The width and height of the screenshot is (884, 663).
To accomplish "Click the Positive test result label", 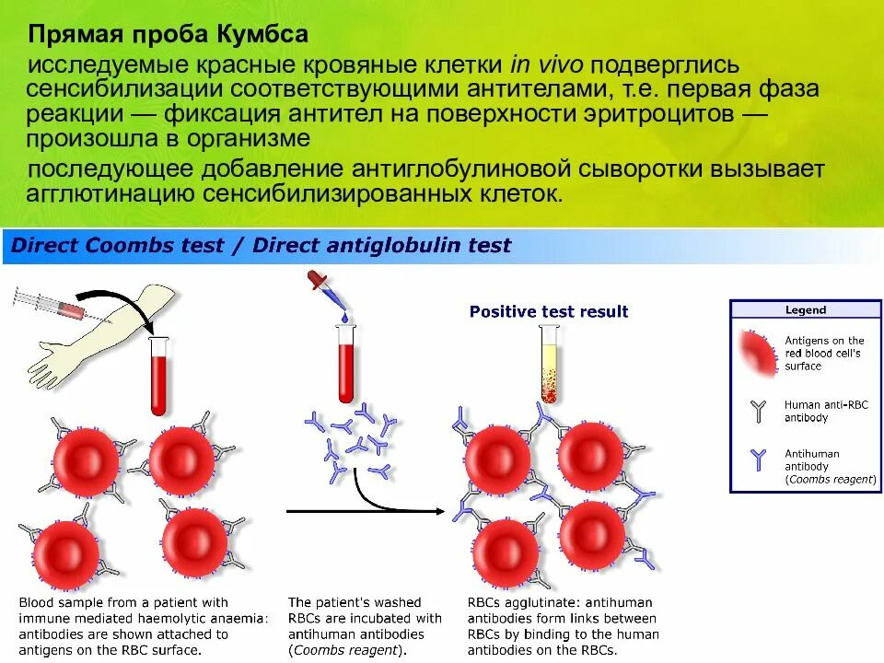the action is pos(549,311).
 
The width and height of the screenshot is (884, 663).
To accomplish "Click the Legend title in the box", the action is pos(805,310).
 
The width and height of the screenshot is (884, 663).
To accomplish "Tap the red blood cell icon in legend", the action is pos(759,353).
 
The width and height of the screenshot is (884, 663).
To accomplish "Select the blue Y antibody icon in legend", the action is pos(758,460).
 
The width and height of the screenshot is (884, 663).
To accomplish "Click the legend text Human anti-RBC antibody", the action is pos(825,411).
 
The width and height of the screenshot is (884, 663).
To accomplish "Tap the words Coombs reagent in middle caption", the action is pos(346,650).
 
